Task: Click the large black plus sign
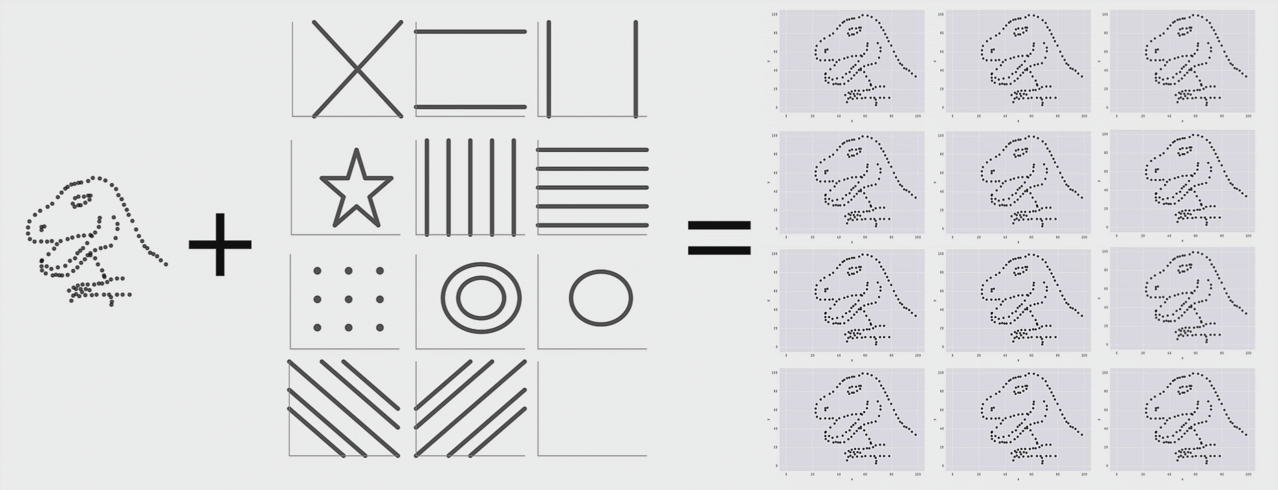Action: [x=220, y=245]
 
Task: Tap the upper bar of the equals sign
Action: [x=719, y=226]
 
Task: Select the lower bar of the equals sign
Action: [x=719, y=251]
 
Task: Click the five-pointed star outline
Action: [x=356, y=188]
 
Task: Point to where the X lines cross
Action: [x=357, y=69]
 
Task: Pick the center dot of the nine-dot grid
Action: [x=348, y=299]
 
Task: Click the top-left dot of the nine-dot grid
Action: [x=317, y=271]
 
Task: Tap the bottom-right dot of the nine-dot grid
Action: [x=380, y=328]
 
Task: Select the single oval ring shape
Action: [x=600, y=298]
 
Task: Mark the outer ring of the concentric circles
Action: [x=481, y=264]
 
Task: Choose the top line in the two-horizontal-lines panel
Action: [x=470, y=31]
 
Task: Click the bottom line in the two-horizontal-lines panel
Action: [x=470, y=107]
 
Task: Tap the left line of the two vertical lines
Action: [x=549, y=69]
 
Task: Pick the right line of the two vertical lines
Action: [x=635, y=69]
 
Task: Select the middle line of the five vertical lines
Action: [x=470, y=188]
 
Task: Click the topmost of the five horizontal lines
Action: [x=592, y=150]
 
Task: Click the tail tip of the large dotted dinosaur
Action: [x=166, y=264]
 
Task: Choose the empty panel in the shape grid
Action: [x=592, y=408]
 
